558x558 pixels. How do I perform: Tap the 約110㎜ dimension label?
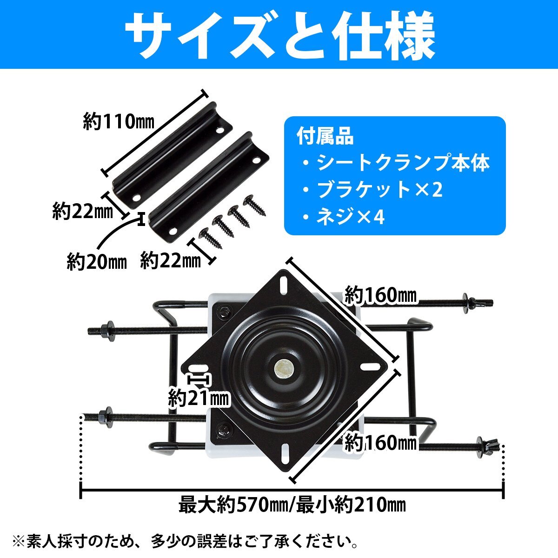[x=119, y=122]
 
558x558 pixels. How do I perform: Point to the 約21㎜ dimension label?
[x=199, y=398]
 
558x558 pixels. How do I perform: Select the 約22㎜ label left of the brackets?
[x=83, y=212]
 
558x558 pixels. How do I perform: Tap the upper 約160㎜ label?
[x=379, y=295]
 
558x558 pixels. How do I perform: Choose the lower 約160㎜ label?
[x=379, y=443]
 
